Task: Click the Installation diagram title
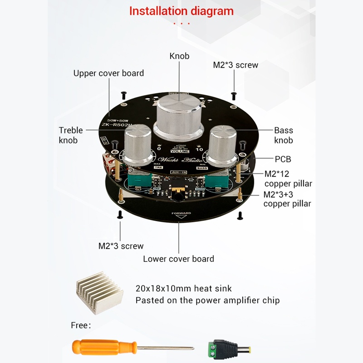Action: tap(181, 11)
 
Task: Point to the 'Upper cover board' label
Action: tap(108, 73)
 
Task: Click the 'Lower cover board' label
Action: tap(178, 259)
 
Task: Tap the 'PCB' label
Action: tap(283, 159)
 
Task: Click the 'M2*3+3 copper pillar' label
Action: tap(287, 199)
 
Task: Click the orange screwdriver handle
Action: tap(104, 348)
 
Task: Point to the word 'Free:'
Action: tap(81, 325)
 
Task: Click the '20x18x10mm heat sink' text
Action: tap(183, 288)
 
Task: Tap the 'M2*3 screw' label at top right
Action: tap(235, 65)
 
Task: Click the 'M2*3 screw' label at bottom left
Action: tap(121, 246)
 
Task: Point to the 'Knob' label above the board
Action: tap(179, 56)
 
